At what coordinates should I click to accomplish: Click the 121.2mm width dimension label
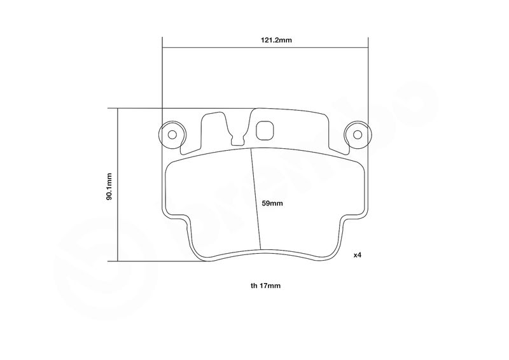pyautogui.click(x=276, y=40)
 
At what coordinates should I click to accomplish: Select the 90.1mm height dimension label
pyautogui.click(x=109, y=186)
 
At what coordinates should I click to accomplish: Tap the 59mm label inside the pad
pyautogui.click(x=272, y=204)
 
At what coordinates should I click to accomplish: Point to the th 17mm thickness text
pyautogui.click(x=265, y=286)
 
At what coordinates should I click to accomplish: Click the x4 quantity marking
pyautogui.click(x=357, y=255)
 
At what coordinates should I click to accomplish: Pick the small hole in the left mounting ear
pyautogui.click(x=172, y=134)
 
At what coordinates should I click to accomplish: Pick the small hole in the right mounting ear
pyautogui.click(x=358, y=134)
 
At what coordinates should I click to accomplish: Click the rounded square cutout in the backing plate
pyautogui.click(x=265, y=131)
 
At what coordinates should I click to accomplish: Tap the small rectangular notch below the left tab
pyautogui.click(x=237, y=140)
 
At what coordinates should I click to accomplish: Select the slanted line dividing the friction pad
pyautogui.click(x=256, y=199)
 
